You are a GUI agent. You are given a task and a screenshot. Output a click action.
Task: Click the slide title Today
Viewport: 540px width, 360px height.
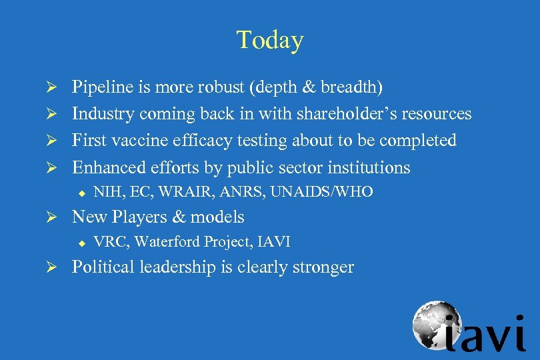[269, 41]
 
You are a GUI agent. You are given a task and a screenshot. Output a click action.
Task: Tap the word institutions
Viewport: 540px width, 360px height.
[370, 167]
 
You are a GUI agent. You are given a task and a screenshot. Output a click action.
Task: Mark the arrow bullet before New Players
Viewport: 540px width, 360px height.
[59, 217]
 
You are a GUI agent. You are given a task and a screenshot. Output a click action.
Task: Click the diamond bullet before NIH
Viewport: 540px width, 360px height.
[81, 193]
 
